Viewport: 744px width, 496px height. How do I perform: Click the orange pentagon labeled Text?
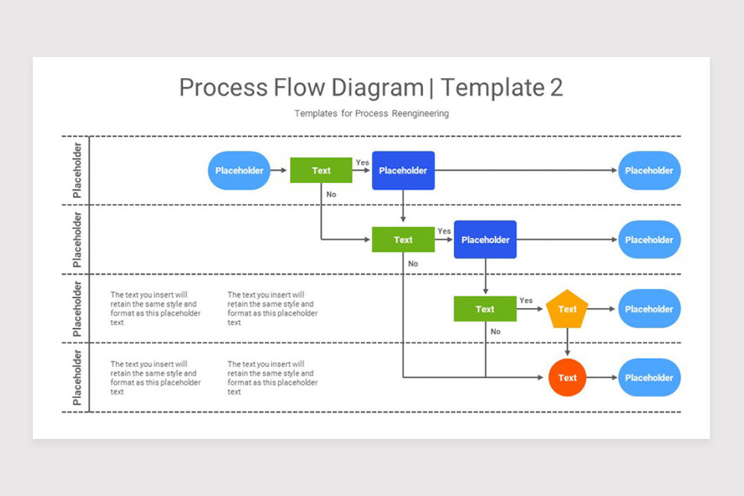click(567, 309)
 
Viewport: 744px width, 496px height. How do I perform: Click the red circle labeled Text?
click(567, 378)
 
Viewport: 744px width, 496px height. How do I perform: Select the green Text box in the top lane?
click(321, 170)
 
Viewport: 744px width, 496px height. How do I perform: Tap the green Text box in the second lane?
click(403, 240)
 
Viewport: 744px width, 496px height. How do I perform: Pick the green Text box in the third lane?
click(485, 309)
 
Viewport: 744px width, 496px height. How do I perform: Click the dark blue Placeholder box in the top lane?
click(403, 170)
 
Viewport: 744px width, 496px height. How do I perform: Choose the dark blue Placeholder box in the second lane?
click(485, 240)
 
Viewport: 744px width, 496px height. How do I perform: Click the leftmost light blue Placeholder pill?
click(239, 170)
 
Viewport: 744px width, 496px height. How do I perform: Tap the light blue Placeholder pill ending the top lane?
click(649, 170)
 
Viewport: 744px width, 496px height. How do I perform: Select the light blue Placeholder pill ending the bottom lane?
click(649, 378)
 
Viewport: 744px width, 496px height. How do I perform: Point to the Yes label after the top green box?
click(362, 162)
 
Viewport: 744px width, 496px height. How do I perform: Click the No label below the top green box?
click(331, 194)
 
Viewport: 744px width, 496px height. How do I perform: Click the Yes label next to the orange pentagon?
click(526, 300)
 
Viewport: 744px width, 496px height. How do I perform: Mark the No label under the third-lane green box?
click(495, 332)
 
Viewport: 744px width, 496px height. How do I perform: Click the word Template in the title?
click(492, 87)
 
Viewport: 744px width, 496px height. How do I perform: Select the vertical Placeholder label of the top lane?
click(77, 170)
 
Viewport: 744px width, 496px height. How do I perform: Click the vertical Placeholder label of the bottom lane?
click(77, 378)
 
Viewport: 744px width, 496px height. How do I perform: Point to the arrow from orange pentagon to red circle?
click(567, 343)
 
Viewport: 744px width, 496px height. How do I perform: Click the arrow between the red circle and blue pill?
click(602, 378)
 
